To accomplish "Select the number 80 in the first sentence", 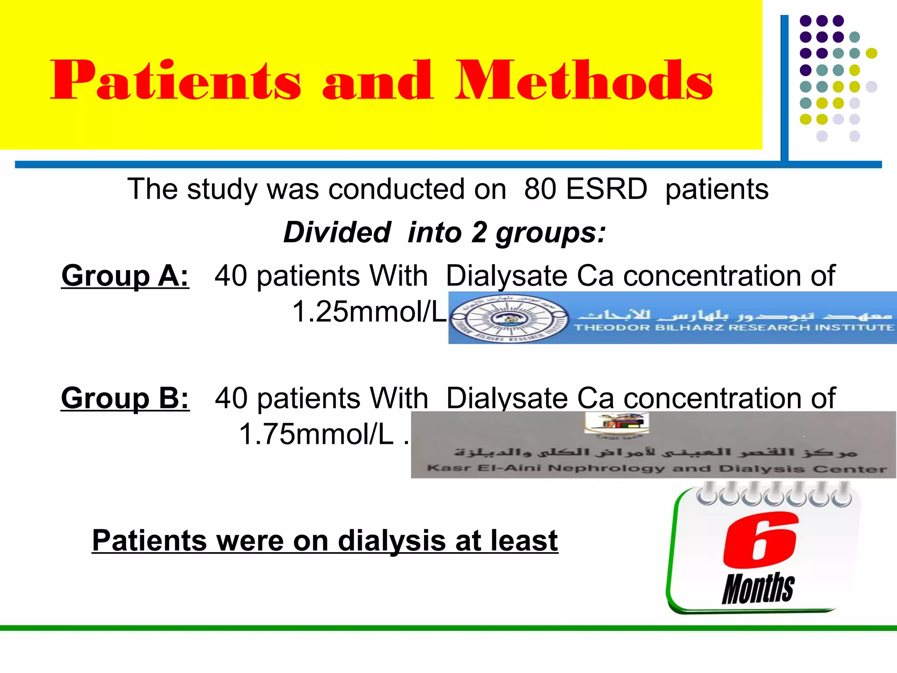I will point(540,189).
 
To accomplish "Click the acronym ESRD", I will point(606,189).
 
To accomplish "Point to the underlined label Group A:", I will point(125,276).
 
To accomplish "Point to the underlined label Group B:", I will point(125,398).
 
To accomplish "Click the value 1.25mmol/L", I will point(369,312).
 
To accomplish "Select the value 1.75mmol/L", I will point(316,434).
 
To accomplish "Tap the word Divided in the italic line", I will point(337,232).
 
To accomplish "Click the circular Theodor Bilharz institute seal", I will point(509,319).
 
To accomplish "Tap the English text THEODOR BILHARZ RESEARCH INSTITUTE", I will point(734,328).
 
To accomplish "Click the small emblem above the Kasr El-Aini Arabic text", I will point(617,423).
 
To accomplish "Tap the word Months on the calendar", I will point(758,588).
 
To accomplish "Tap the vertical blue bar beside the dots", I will point(784,88).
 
